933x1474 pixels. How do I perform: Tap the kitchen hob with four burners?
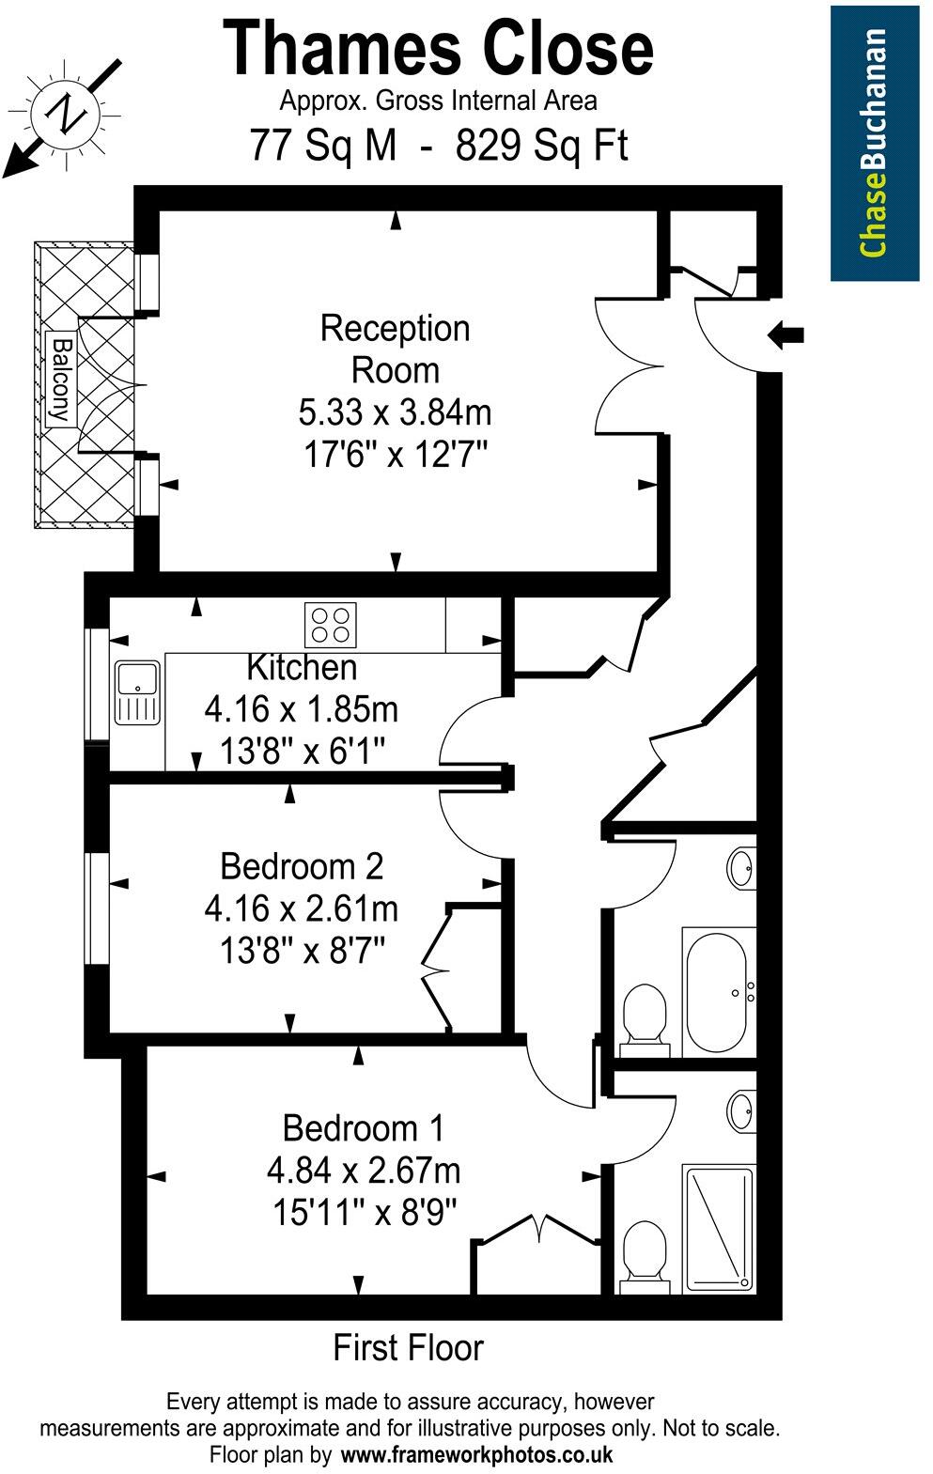tap(331, 625)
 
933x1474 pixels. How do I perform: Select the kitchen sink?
tap(138, 692)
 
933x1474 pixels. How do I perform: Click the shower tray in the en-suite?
tap(719, 1228)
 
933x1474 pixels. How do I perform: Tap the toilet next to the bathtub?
tap(645, 1013)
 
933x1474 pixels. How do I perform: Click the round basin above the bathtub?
tap(741, 868)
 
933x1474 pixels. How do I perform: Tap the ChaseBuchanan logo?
tap(874, 142)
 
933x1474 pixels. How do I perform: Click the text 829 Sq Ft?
tap(541, 146)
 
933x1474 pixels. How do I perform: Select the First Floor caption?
tap(408, 1348)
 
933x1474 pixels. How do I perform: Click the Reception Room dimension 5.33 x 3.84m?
tap(396, 412)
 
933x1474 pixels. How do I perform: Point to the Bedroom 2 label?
tap(302, 865)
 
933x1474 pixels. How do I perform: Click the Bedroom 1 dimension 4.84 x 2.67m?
tap(364, 1171)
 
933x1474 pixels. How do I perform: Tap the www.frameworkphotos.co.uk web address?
tap(476, 1455)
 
